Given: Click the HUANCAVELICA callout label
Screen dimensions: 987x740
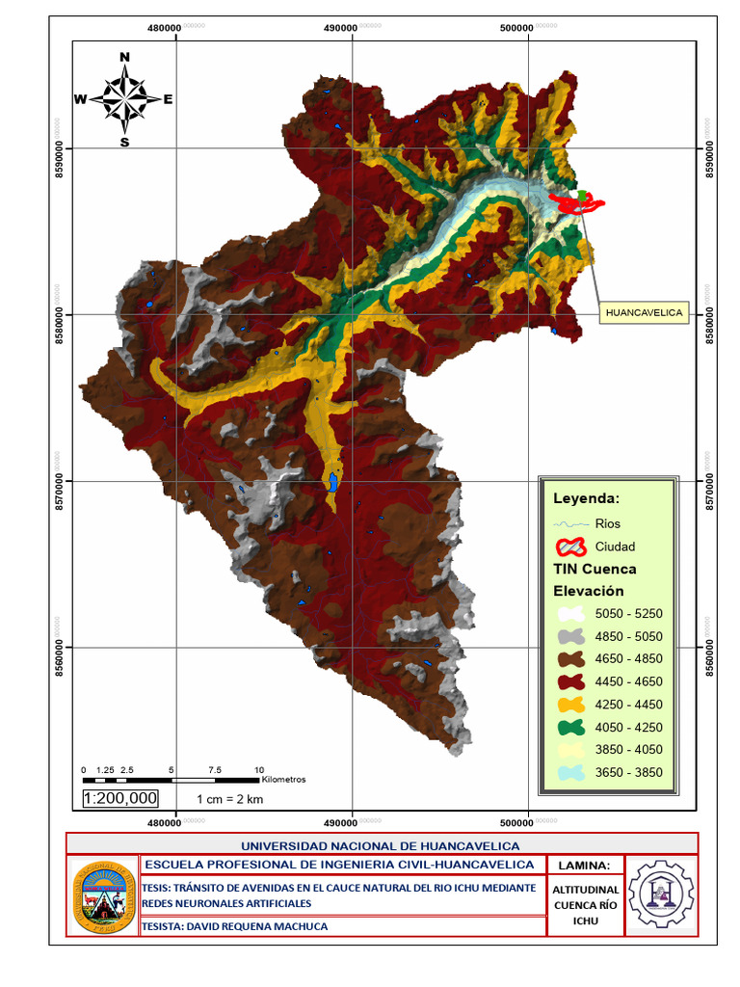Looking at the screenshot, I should tap(644, 312).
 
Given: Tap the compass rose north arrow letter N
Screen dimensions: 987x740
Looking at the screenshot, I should tap(124, 57).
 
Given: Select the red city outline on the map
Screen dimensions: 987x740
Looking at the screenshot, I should tap(576, 200).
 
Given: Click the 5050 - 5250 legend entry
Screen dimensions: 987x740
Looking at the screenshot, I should tap(628, 613).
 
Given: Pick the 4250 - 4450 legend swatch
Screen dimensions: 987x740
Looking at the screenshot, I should tap(571, 705).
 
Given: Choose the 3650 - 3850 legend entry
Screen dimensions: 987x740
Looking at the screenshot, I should tap(628, 772).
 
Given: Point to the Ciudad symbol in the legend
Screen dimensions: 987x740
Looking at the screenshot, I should tap(570, 547).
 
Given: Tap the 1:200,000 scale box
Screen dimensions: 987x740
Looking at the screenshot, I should tap(120, 798).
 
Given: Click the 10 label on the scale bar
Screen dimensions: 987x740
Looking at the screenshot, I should tap(258, 769).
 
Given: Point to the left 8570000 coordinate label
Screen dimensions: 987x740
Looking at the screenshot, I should tap(60, 479).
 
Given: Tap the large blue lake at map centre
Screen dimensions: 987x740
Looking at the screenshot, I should tap(330, 480).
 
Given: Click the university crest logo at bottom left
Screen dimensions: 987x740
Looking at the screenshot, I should tap(103, 896).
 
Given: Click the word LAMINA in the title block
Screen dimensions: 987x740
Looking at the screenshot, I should tap(585, 865).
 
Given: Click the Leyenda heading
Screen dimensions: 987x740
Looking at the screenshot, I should tap(585, 498).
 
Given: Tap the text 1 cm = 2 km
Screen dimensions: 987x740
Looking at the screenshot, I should tap(230, 799).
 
